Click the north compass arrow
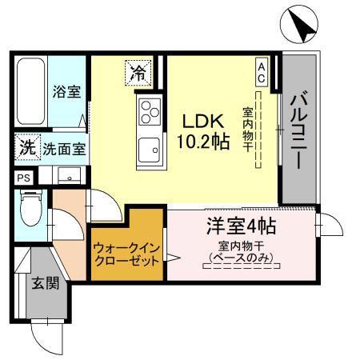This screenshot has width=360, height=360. (x=303, y=29)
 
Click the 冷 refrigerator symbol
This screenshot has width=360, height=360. (x=138, y=74)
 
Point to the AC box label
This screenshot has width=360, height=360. (x=262, y=70)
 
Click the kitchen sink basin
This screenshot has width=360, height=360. (x=150, y=150)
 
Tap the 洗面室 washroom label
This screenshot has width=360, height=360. (x=65, y=149)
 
